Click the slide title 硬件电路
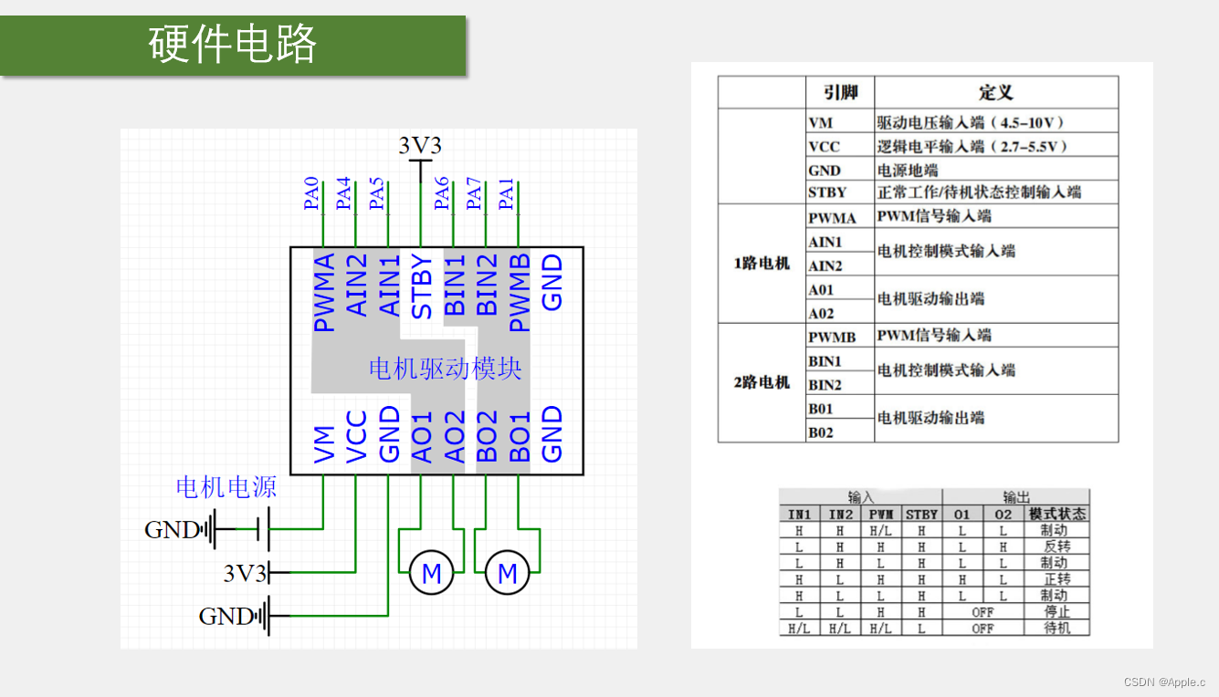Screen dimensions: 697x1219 click(232, 44)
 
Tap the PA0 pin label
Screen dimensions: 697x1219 click(312, 194)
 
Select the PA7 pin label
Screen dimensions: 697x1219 click(475, 194)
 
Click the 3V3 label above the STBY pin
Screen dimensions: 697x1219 click(420, 146)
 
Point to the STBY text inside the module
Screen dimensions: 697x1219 click(422, 286)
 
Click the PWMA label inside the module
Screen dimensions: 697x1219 click(324, 292)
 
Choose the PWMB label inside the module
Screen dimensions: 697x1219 click(520, 292)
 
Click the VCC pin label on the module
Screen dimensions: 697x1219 click(357, 437)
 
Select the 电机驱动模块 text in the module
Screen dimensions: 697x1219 click(445, 369)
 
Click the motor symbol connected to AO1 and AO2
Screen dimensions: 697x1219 click(432, 574)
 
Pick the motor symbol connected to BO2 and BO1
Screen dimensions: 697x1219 click(508, 574)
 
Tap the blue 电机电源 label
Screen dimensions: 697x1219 click(226, 487)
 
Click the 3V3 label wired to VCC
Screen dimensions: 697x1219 click(245, 573)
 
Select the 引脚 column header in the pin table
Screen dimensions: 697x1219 click(840, 93)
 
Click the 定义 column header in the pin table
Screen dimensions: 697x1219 click(995, 93)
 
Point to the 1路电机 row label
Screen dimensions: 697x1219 click(762, 264)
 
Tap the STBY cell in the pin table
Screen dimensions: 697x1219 click(827, 192)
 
